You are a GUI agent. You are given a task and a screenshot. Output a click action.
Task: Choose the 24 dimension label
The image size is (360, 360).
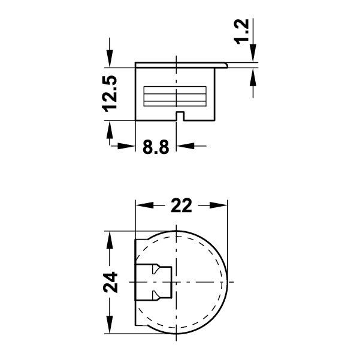110,282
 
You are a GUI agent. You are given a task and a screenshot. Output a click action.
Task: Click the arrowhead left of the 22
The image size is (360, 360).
143,205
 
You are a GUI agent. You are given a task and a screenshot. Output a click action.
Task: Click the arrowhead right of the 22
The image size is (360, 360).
222,205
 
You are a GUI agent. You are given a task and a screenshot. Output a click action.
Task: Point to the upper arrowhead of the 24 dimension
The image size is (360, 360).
110,240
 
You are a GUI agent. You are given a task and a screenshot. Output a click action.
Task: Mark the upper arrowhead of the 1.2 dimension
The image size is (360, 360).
252,56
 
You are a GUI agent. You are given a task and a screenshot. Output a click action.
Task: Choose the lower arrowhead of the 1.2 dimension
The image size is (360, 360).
252,75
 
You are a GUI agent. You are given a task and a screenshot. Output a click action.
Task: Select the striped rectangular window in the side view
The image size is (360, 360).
176,95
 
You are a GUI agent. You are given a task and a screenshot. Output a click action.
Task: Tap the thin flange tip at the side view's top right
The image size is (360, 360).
226,63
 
